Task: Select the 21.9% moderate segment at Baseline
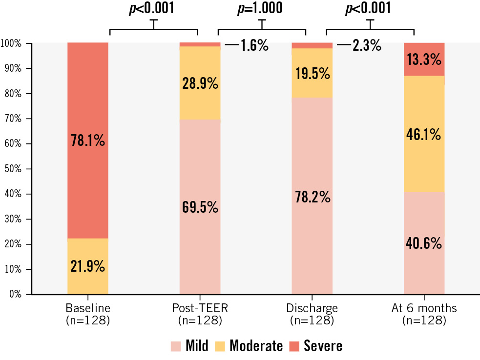(87, 266)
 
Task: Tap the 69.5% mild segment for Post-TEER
(200, 207)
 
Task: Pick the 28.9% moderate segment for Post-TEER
(200, 83)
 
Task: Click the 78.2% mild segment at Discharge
(312, 197)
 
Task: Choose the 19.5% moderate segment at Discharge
(312, 73)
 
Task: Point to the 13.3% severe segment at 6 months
(424, 59)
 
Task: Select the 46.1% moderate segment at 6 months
(424, 134)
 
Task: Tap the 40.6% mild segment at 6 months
(424, 242)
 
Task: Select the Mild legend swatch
(176, 346)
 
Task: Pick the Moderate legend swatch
(221, 346)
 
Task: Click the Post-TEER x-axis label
(200, 308)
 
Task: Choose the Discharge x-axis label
(312, 308)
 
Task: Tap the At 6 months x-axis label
(424, 308)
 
